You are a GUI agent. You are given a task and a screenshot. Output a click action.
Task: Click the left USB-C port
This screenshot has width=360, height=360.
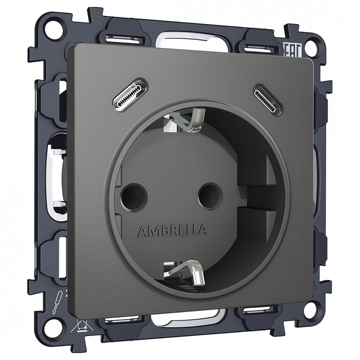tap(129, 95)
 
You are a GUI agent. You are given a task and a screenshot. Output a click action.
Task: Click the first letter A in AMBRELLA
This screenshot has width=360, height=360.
tap(140, 230)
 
